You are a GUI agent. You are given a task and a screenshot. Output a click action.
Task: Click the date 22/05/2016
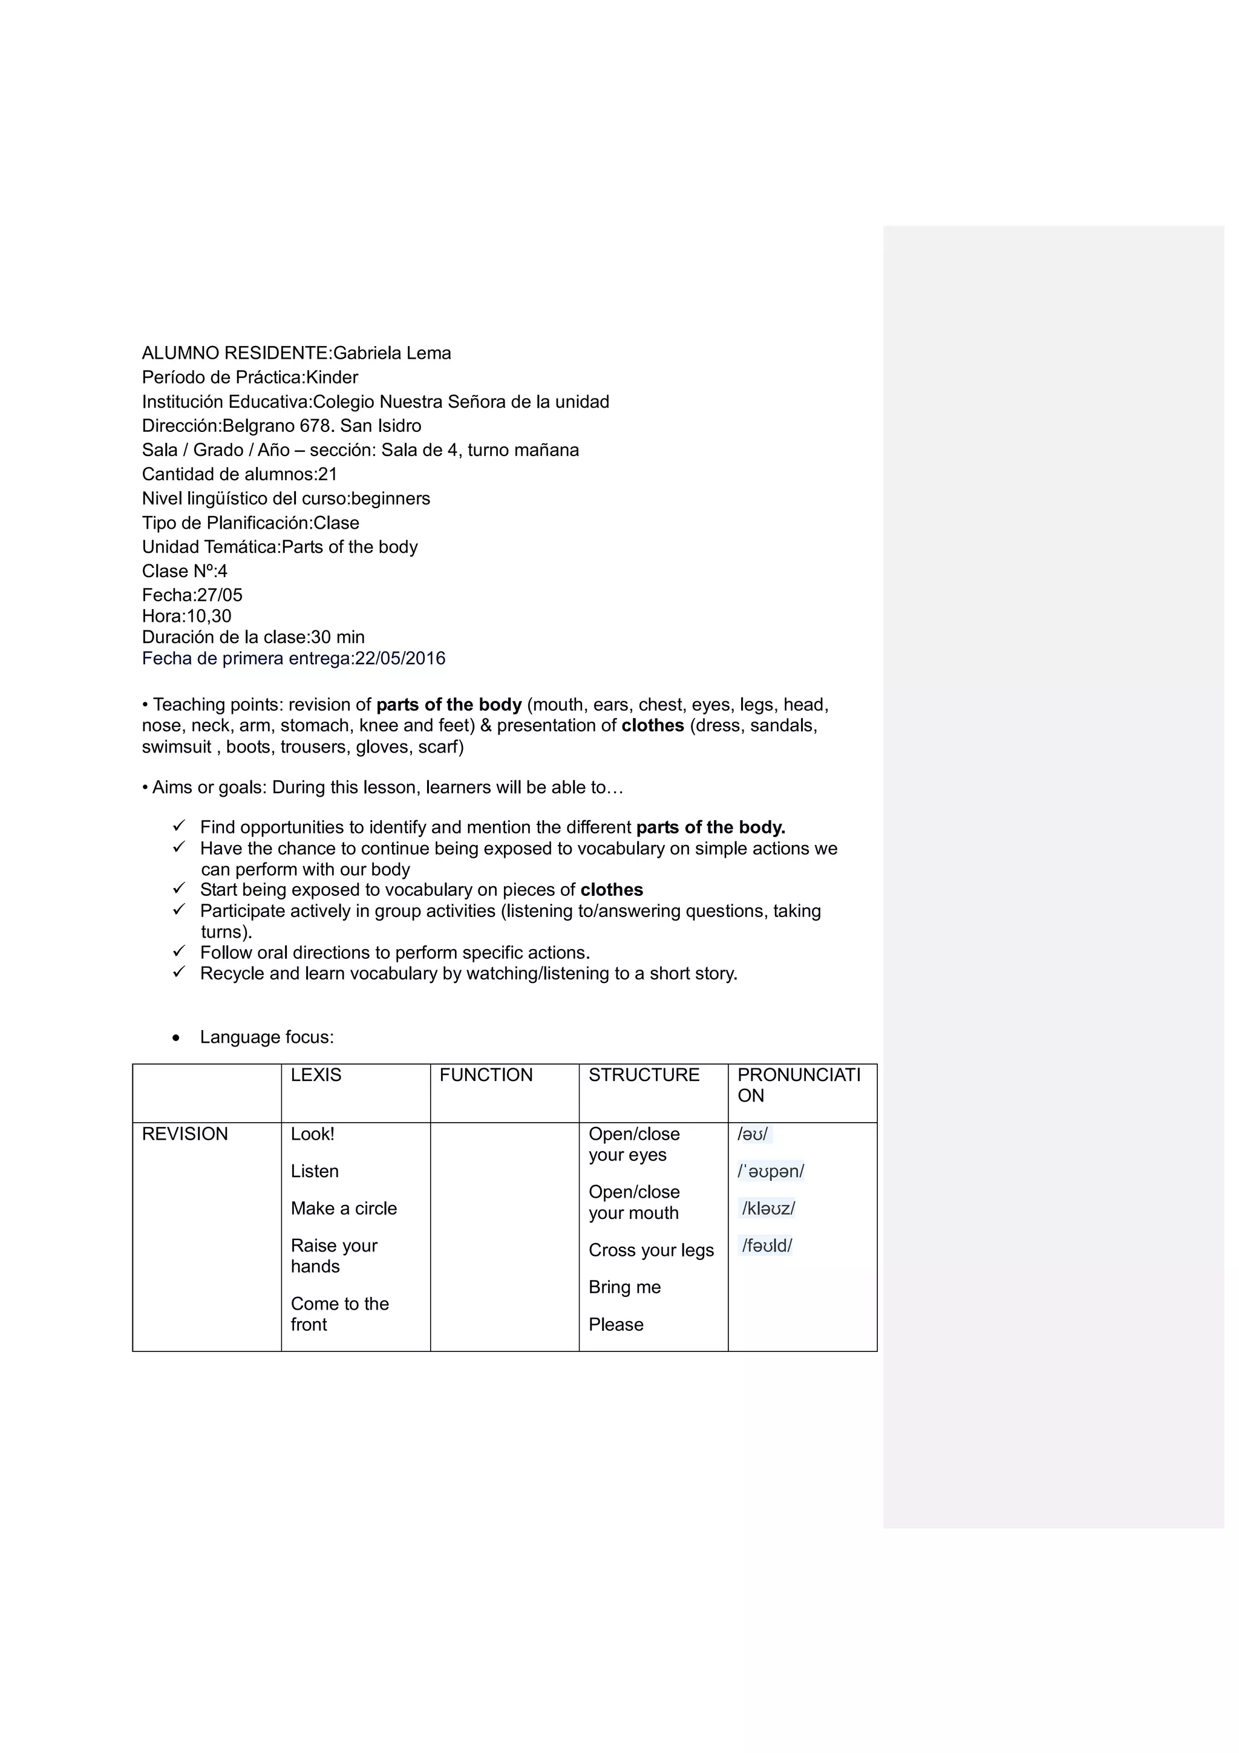click(400, 659)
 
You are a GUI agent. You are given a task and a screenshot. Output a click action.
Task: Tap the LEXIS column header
click(316, 1075)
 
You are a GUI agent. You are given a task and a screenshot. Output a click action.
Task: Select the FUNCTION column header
click(486, 1075)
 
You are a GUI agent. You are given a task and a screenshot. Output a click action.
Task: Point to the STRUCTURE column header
click(644, 1075)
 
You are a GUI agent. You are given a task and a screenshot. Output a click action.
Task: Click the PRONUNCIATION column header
click(799, 1085)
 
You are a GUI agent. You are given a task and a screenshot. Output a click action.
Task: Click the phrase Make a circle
click(344, 1209)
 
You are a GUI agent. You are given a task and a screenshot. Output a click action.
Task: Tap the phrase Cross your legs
click(651, 1250)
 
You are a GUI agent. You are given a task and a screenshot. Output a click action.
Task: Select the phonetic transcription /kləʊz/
click(768, 1209)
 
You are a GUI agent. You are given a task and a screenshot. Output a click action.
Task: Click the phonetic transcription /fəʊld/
click(767, 1246)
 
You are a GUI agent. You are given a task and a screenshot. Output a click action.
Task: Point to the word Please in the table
click(615, 1325)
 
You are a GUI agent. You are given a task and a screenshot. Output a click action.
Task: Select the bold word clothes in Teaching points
click(652, 726)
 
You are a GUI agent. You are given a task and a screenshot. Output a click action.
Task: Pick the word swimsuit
click(176, 746)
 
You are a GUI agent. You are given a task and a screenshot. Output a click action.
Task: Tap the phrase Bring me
click(624, 1287)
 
